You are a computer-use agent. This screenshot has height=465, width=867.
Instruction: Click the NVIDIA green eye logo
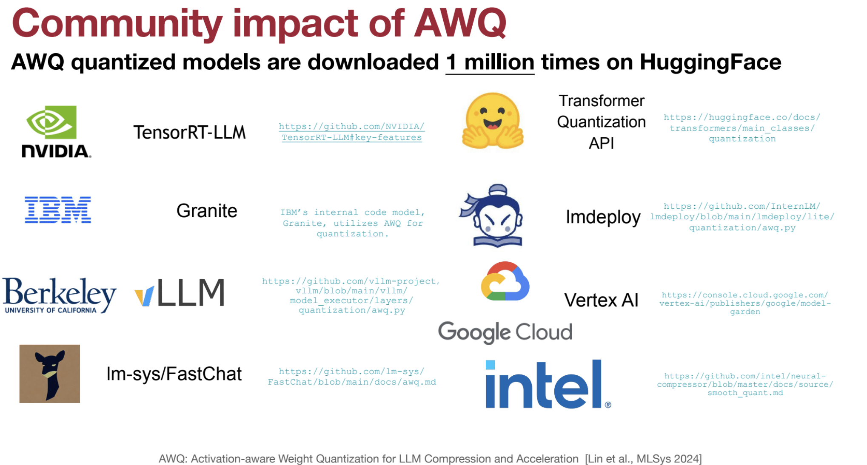click(51, 122)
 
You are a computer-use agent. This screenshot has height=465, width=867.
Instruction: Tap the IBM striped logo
click(58, 210)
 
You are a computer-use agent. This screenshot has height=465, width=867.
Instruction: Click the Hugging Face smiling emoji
click(493, 121)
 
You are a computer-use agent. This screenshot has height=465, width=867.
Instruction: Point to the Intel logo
click(548, 384)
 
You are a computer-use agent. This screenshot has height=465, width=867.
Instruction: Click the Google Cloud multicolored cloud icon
click(505, 281)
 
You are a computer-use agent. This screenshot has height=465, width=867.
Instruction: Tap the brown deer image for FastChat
click(50, 374)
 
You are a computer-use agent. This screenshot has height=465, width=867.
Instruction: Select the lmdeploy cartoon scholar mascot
click(491, 215)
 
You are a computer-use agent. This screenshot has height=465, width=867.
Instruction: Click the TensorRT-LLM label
click(190, 132)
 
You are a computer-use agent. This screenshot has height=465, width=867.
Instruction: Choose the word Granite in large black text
click(207, 211)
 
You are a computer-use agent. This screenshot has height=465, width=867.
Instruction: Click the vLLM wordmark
click(180, 292)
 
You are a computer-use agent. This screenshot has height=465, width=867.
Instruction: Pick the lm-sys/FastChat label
click(174, 374)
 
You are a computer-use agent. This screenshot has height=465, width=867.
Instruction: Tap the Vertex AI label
click(601, 300)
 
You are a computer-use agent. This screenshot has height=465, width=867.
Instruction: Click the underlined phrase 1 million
click(490, 62)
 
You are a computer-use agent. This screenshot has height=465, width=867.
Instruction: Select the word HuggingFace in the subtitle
click(710, 62)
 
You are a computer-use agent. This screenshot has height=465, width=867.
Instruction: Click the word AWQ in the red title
click(461, 23)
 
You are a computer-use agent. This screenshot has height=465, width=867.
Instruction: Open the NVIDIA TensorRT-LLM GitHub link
click(352, 132)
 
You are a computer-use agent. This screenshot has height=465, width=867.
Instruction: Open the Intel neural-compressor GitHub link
click(745, 384)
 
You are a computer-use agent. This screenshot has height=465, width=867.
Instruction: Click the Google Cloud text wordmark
click(505, 332)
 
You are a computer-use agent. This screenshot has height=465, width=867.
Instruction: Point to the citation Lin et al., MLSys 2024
click(643, 459)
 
